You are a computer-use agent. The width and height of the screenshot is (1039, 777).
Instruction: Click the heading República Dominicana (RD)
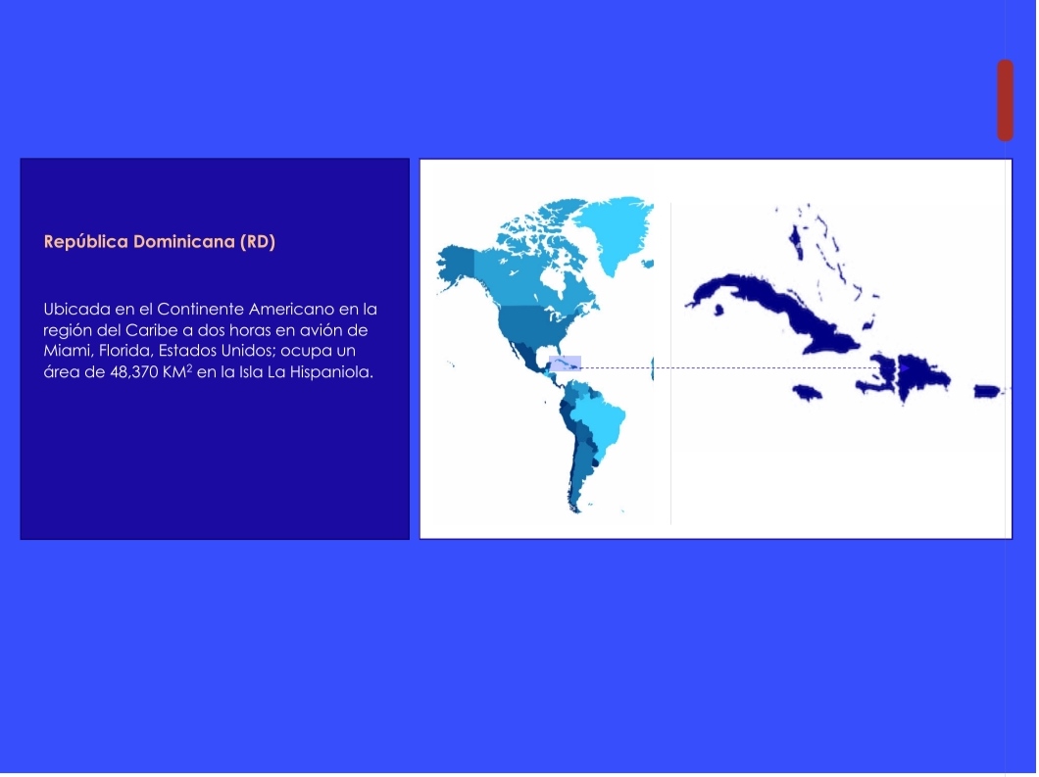[159, 241]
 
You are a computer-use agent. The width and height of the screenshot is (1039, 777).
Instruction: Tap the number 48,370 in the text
[133, 372]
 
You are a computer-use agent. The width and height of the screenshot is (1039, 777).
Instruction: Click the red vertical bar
[1006, 100]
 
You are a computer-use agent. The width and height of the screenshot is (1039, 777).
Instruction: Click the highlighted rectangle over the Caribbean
[566, 364]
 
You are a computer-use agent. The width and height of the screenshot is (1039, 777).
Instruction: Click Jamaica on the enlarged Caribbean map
[807, 392]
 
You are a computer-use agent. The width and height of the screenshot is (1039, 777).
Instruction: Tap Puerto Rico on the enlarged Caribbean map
[987, 391]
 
